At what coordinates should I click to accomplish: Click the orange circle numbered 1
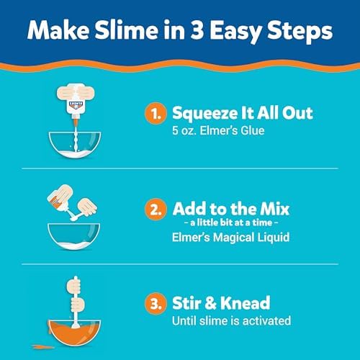pyautogui.click(x=156, y=114)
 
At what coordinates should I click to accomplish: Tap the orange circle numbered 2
pyautogui.click(x=156, y=210)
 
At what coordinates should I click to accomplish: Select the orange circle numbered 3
pyautogui.click(x=156, y=303)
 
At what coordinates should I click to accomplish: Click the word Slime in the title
pyautogui.click(x=126, y=30)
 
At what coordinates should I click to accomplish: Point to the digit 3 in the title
pyautogui.click(x=197, y=30)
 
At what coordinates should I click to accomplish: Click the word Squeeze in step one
pyautogui.click(x=205, y=114)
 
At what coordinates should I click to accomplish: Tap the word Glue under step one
pyautogui.click(x=253, y=131)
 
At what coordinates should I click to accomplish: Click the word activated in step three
pyautogui.click(x=266, y=321)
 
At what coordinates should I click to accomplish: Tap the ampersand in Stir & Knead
pyautogui.click(x=210, y=303)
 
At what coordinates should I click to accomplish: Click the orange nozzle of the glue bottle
pyautogui.click(x=76, y=120)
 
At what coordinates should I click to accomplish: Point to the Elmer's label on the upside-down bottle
pyautogui.click(x=76, y=104)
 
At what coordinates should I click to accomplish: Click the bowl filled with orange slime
pyautogui.click(x=74, y=333)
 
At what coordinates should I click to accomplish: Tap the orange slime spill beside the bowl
pyautogui.click(x=42, y=346)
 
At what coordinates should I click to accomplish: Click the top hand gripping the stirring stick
pyautogui.click(x=73, y=286)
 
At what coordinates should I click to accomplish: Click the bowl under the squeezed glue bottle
pyautogui.click(x=75, y=145)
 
